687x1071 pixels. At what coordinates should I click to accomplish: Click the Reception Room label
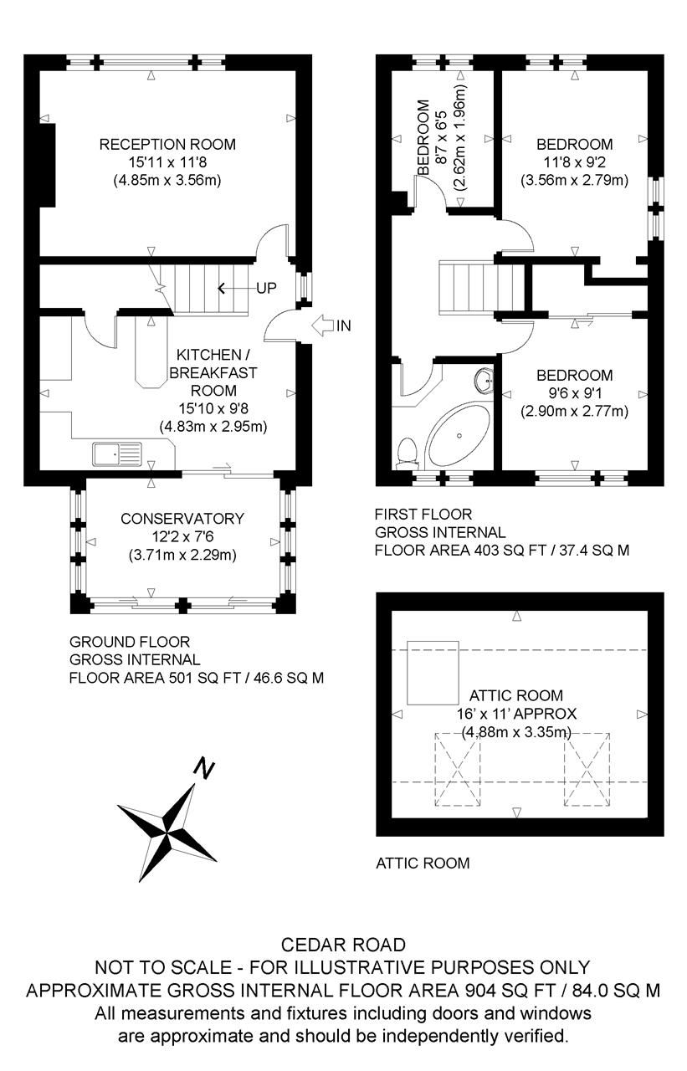pyautogui.click(x=167, y=144)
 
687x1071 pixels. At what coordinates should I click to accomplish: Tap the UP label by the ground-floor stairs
pyautogui.click(x=266, y=289)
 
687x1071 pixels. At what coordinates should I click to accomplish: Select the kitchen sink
pyautogui.click(x=118, y=454)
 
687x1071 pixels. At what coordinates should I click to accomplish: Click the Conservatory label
pyautogui.click(x=182, y=519)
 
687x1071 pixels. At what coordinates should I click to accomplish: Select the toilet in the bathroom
pyautogui.click(x=408, y=453)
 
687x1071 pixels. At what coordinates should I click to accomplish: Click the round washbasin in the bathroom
pyautogui.click(x=484, y=382)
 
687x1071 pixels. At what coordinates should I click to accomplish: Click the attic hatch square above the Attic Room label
pyautogui.click(x=433, y=673)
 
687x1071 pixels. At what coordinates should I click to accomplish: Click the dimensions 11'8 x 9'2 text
pyautogui.click(x=575, y=161)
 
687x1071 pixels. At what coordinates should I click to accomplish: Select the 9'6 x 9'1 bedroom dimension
pyautogui.click(x=575, y=393)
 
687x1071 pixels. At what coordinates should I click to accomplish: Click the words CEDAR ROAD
pyautogui.click(x=344, y=945)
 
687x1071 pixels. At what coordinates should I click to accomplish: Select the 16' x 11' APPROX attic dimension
pyautogui.click(x=516, y=714)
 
